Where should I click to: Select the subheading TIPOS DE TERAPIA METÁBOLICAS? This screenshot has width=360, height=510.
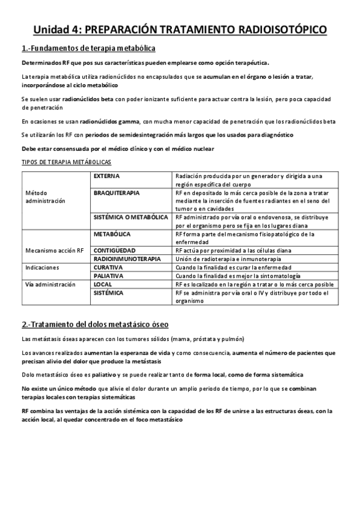(66, 162)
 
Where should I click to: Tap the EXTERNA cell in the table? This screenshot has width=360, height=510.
(107, 176)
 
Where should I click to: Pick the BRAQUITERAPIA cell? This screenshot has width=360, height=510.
(117, 193)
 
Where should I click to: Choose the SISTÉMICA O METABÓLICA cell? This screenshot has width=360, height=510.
(130, 217)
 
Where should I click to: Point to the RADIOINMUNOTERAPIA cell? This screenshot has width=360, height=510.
(127, 259)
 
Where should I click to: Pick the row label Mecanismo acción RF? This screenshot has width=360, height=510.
(54, 250)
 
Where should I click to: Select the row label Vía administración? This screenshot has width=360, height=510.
(50, 284)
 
